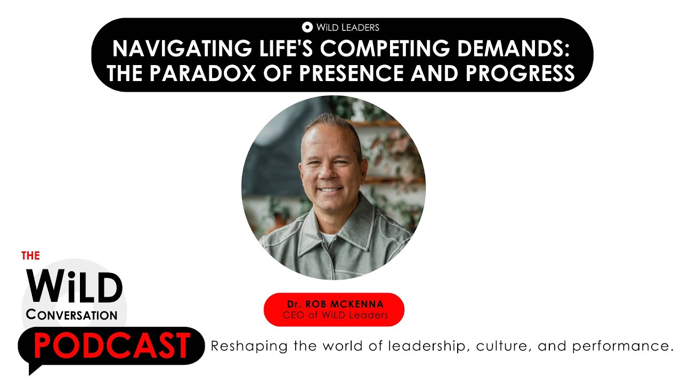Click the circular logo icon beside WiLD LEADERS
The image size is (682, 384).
pos(307,27)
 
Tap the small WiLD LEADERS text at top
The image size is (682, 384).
pos(347,27)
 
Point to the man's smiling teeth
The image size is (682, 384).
pos(330,189)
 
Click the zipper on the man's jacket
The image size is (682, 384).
pos(333,256)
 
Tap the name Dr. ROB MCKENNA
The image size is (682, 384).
pos(334,305)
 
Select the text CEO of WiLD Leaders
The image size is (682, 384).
pos(334,315)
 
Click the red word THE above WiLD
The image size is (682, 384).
pos(30,256)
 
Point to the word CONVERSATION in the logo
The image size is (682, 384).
pos(71,315)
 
